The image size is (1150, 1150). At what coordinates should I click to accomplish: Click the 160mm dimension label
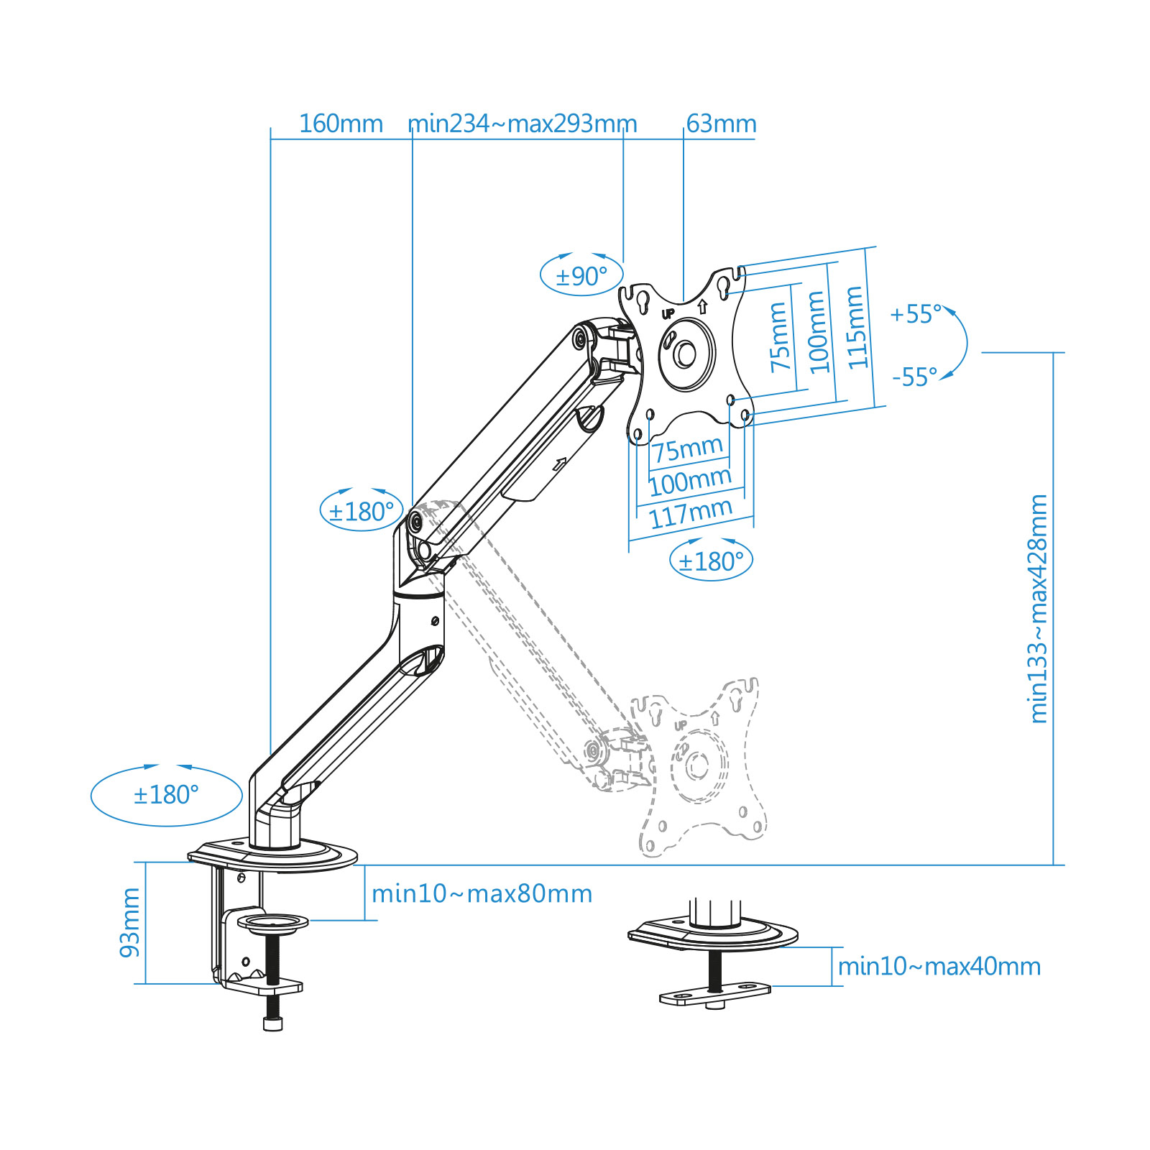click(341, 124)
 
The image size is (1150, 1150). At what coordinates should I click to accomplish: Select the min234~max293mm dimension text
click(523, 124)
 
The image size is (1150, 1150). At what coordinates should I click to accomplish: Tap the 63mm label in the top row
click(721, 124)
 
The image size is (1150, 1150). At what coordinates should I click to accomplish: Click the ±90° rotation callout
click(581, 276)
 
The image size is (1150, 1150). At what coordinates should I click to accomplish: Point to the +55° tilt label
click(915, 314)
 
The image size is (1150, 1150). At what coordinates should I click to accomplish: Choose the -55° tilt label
click(915, 377)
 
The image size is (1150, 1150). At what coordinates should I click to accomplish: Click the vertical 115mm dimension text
click(855, 328)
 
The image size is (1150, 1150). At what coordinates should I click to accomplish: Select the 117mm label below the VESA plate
click(690, 514)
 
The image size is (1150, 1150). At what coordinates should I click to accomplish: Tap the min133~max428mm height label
click(1039, 608)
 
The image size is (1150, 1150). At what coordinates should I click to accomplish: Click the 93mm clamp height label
click(130, 922)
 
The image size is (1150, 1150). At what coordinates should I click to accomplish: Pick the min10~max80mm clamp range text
click(482, 894)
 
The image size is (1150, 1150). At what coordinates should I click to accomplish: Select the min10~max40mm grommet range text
click(939, 967)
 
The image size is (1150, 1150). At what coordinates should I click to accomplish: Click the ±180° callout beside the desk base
click(166, 795)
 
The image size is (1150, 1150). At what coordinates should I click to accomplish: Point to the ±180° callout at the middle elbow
click(362, 512)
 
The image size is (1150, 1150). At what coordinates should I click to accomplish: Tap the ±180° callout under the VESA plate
click(711, 561)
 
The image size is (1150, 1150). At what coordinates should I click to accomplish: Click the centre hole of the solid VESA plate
click(684, 354)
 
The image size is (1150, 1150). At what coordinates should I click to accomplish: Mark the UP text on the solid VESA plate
click(668, 313)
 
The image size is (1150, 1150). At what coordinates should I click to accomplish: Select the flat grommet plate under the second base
click(714, 995)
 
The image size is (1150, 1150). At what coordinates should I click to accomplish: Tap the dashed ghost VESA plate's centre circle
click(697, 765)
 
